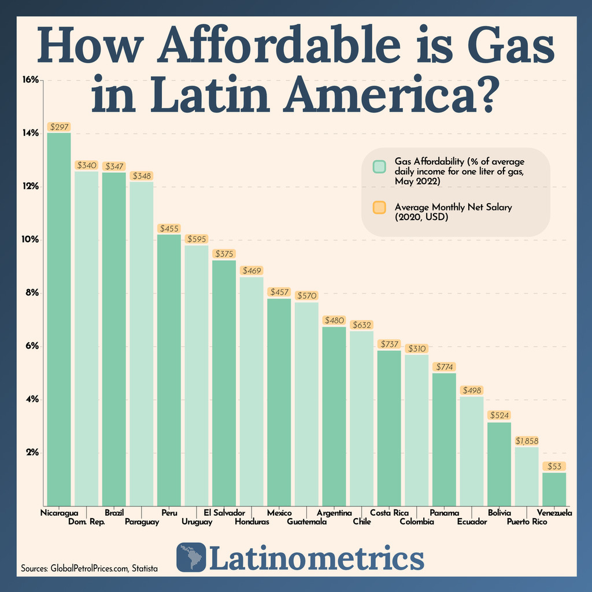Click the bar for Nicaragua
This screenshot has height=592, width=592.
58,318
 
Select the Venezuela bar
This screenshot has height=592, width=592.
554,489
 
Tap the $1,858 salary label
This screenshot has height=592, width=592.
526,441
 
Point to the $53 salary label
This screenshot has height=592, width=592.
554,466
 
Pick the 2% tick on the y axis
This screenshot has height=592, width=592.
30,453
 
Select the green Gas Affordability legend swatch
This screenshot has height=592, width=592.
379,166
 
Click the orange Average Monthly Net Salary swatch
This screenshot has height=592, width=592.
379,208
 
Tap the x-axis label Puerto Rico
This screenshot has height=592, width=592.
527,523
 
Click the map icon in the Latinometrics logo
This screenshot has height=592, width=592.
191,558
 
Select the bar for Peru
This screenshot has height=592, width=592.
169,370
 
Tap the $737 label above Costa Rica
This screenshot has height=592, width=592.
388,344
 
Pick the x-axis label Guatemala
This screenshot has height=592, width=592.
307,523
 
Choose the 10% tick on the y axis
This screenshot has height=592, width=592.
30,239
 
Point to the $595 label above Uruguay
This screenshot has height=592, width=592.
196,239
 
